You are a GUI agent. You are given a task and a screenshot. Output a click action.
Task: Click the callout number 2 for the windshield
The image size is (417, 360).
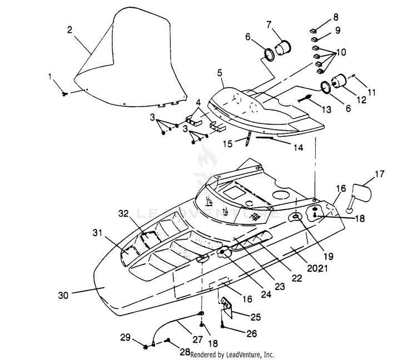click(x=69, y=30)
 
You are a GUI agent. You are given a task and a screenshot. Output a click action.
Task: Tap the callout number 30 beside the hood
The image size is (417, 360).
click(x=63, y=295)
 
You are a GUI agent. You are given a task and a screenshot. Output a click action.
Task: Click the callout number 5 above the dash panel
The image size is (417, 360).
click(x=220, y=73)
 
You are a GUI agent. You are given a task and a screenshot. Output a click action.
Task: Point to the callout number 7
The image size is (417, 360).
click(x=269, y=24)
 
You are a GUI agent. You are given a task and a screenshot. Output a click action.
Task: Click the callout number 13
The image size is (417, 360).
click(x=326, y=109)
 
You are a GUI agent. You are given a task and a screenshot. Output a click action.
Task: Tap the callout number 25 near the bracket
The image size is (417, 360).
click(x=256, y=317)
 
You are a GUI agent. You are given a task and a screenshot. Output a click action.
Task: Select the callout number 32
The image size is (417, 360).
click(x=123, y=213)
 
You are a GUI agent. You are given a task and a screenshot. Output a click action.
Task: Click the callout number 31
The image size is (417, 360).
click(x=98, y=233)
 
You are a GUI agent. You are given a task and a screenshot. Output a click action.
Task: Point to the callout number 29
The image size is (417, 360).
click(x=126, y=337)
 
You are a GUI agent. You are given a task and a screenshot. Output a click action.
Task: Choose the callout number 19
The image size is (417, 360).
click(x=329, y=256)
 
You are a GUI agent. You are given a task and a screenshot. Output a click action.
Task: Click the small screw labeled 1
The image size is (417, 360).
click(x=64, y=93)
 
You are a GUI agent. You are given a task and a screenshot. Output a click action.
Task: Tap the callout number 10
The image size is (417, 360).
click(x=341, y=52)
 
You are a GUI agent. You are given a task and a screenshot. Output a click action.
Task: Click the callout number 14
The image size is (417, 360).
click(x=299, y=147)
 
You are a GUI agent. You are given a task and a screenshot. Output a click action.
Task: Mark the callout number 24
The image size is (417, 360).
click(x=266, y=294)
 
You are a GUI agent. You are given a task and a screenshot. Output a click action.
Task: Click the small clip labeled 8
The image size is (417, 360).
click(x=314, y=31)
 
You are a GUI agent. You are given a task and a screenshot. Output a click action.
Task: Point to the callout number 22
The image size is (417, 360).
click(x=297, y=278)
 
